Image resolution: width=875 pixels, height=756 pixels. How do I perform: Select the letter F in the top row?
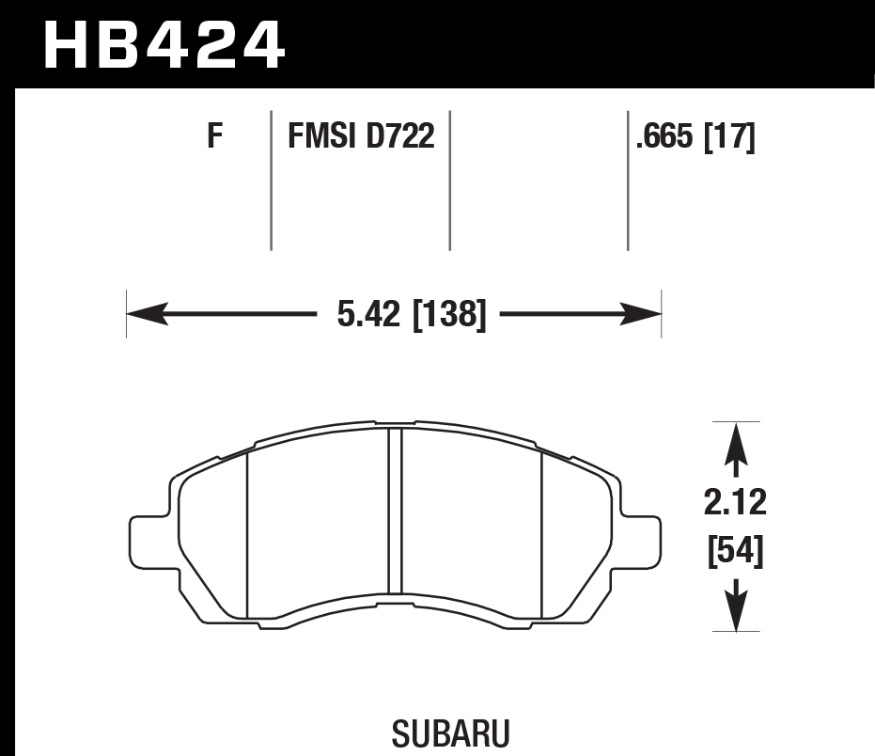point(215,138)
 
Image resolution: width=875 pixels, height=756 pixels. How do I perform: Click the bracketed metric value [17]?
point(729,138)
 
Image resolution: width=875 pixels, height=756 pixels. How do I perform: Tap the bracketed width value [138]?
point(448,314)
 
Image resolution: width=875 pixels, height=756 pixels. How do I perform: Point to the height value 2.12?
point(735,503)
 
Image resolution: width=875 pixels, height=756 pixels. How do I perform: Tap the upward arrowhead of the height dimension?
point(735,441)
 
